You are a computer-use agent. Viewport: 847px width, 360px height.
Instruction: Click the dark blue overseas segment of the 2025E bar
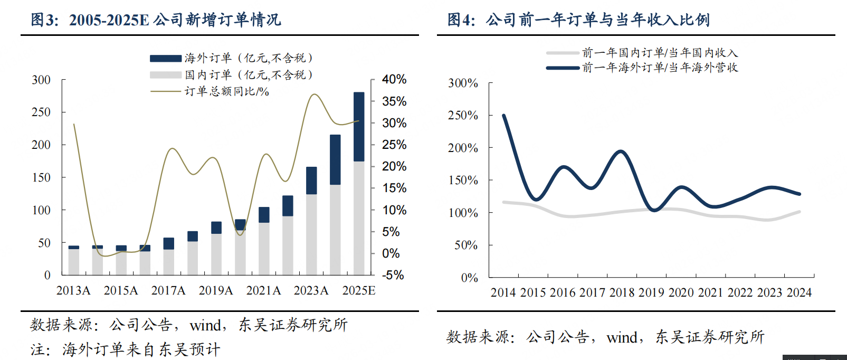[359, 127]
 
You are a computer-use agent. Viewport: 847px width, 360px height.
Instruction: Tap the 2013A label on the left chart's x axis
[73, 291]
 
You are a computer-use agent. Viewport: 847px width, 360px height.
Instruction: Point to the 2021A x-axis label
[263, 291]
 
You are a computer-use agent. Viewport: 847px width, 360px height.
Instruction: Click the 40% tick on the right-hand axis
[394, 80]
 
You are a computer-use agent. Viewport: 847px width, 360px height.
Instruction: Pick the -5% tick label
[393, 275]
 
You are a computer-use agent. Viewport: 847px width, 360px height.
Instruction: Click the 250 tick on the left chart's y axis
[41, 112]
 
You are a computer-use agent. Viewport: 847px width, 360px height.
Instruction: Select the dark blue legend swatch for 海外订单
[166, 59]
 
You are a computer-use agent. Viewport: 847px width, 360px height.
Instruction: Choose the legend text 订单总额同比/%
[227, 92]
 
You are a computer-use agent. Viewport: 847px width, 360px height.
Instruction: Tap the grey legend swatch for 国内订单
[166, 75]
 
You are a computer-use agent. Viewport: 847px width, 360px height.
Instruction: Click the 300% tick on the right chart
[463, 83]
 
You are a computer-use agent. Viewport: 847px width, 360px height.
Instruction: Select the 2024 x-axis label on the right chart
[799, 293]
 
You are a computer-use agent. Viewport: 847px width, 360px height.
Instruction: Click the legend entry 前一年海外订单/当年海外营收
[660, 68]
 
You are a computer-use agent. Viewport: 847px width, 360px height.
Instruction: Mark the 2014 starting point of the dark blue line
[504, 116]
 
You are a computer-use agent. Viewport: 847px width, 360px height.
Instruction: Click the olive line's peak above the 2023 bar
[314, 94]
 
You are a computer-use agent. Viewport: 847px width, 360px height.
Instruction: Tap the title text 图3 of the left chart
[44, 20]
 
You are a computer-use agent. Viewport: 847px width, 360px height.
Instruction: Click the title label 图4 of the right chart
[461, 20]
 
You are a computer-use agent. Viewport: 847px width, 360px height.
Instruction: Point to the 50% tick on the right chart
[466, 245]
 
